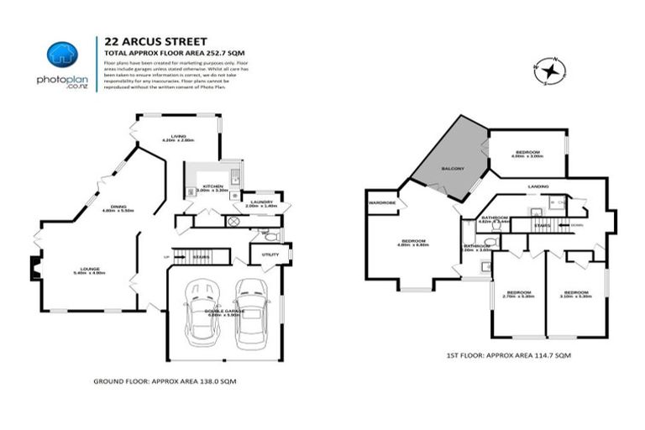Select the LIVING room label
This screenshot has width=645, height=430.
tap(178, 136)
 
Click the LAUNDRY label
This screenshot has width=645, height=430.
tap(260, 201)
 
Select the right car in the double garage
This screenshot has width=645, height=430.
tap(250, 314)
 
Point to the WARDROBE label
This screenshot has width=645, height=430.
tap(381, 202)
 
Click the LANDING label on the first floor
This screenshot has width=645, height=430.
tap(538, 186)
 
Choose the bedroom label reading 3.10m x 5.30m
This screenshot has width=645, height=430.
tap(575, 294)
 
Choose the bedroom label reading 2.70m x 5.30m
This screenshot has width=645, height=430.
tap(518, 294)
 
